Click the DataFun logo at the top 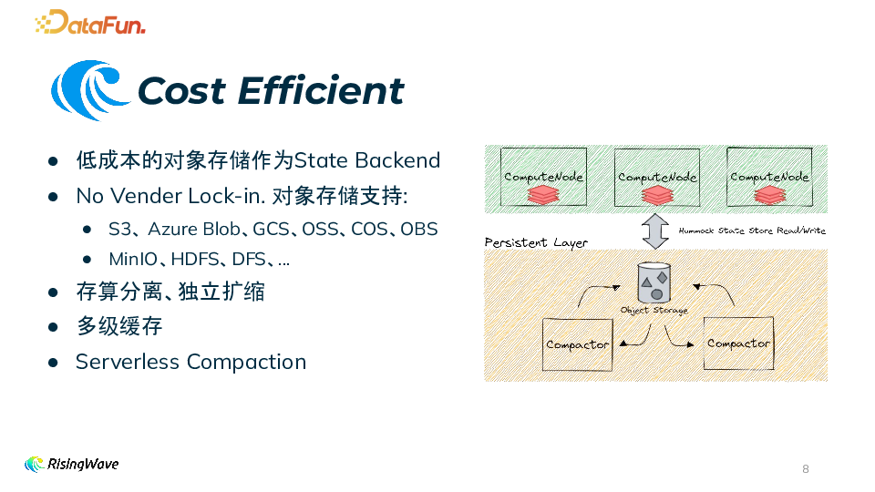click(90, 22)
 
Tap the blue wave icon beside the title click(89, 90)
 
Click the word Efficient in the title click(320, 91)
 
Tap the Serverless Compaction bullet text click(190, 362)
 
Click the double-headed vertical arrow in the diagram click(654, 231)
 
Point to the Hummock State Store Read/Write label click(752, 231)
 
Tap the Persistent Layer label click(536, 243)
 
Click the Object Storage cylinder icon click(654, 283)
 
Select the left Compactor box click(577, 344)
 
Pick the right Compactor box click(738, 343)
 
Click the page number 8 click(805, 469)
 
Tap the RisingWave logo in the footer click(72, 464)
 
